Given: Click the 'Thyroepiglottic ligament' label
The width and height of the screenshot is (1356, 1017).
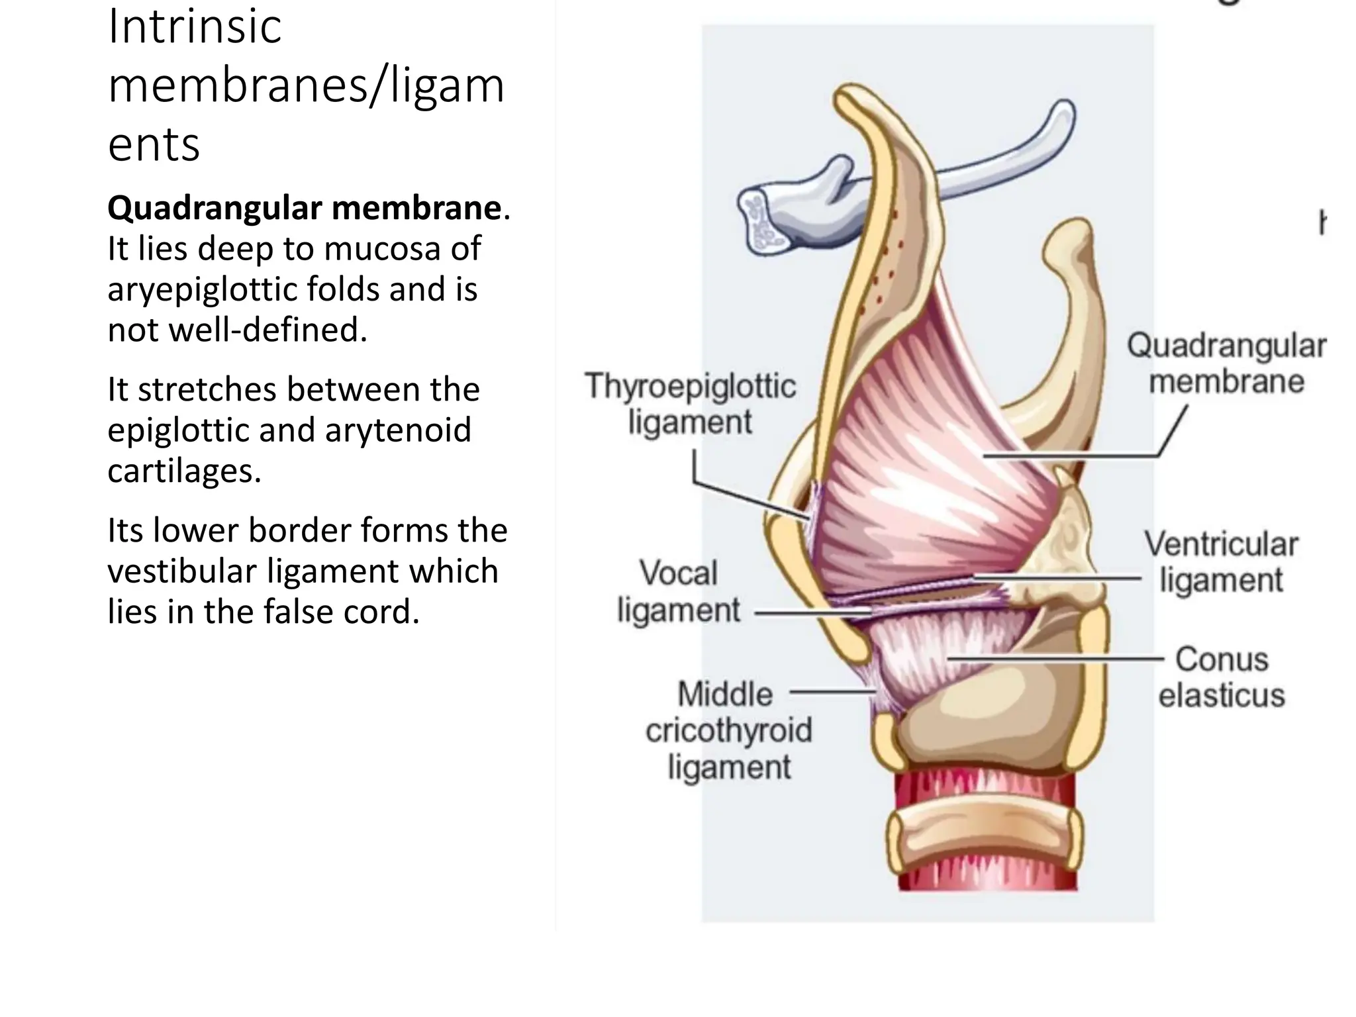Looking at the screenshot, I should coord(689,404).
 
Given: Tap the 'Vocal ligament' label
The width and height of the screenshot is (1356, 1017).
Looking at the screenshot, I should coord(679,591).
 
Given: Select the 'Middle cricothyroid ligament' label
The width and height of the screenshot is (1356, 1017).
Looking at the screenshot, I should coord(728,731).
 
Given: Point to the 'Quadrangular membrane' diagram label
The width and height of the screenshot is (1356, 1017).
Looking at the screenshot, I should coord(1226,363).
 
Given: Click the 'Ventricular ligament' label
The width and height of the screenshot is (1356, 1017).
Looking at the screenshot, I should coord(1222,562).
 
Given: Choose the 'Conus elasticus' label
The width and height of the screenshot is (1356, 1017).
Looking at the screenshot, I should coord(1222,677).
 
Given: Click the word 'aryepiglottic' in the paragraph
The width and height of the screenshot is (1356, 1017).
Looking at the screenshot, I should coord(199,289).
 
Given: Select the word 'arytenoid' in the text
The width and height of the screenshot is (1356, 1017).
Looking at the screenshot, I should coord(397,430).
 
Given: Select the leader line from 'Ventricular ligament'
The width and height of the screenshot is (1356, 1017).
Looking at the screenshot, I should coord(1059,578).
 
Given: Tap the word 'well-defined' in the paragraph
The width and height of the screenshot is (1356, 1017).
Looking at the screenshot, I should coord(267,330).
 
